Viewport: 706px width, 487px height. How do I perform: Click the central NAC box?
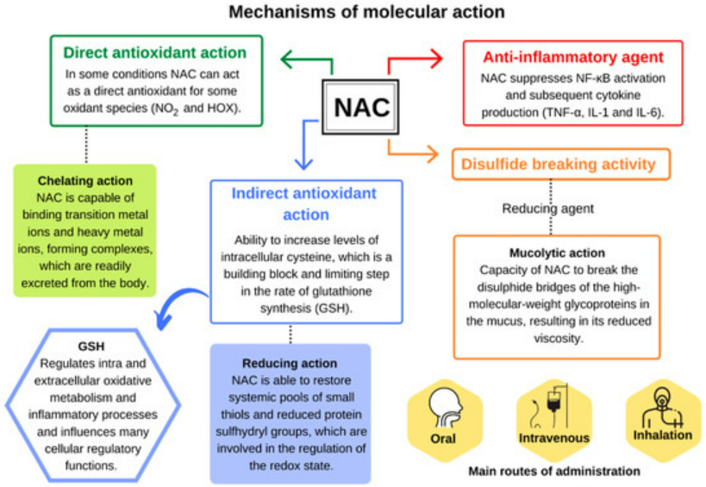pyautogui.click(x=360, y=107)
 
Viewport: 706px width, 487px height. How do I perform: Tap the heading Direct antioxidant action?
pyautogui.click(x=155, y=53)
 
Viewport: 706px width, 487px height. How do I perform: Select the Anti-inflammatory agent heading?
pyautogui.click(x=573, y=57)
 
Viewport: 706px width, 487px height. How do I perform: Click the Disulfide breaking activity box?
pyautogui.click(x=561, y=165)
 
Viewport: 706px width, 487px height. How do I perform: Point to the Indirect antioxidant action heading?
pyautogui.click(x=304, y=204)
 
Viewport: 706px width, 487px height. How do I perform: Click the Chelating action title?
pyautogui.click(x=85, y=180)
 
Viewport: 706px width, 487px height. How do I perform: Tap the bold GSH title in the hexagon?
pyautogui.click(x=91, y=347)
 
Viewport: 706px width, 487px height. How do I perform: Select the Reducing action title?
pyautogui.click(x=290, y=363)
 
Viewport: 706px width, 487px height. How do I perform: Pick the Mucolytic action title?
pyautogui.click(x=557, y=253)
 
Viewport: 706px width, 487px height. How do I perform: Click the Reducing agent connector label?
pyautogui.click(x=548, y=209)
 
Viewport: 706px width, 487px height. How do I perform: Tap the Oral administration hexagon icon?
pyautogui.click(x=445, y=421)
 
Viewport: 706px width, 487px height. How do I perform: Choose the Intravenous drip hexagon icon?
pyautogui.click(x=553, y=421)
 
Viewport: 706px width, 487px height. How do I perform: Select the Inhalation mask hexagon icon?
pyautogui.click(x=663, y=421)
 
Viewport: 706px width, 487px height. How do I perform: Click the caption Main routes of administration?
pyautogui.click(x=554, y=471)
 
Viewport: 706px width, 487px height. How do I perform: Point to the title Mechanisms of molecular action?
pyautogui.click(x=366, y=12)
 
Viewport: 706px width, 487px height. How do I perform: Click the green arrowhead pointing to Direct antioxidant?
pyautogui.click(x=287, y=59)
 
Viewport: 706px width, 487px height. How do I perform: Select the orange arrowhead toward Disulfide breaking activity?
pyautogui.click(x=432, y=154)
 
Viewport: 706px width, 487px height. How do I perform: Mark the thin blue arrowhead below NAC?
pyautogui.click(x=304, y=163)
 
